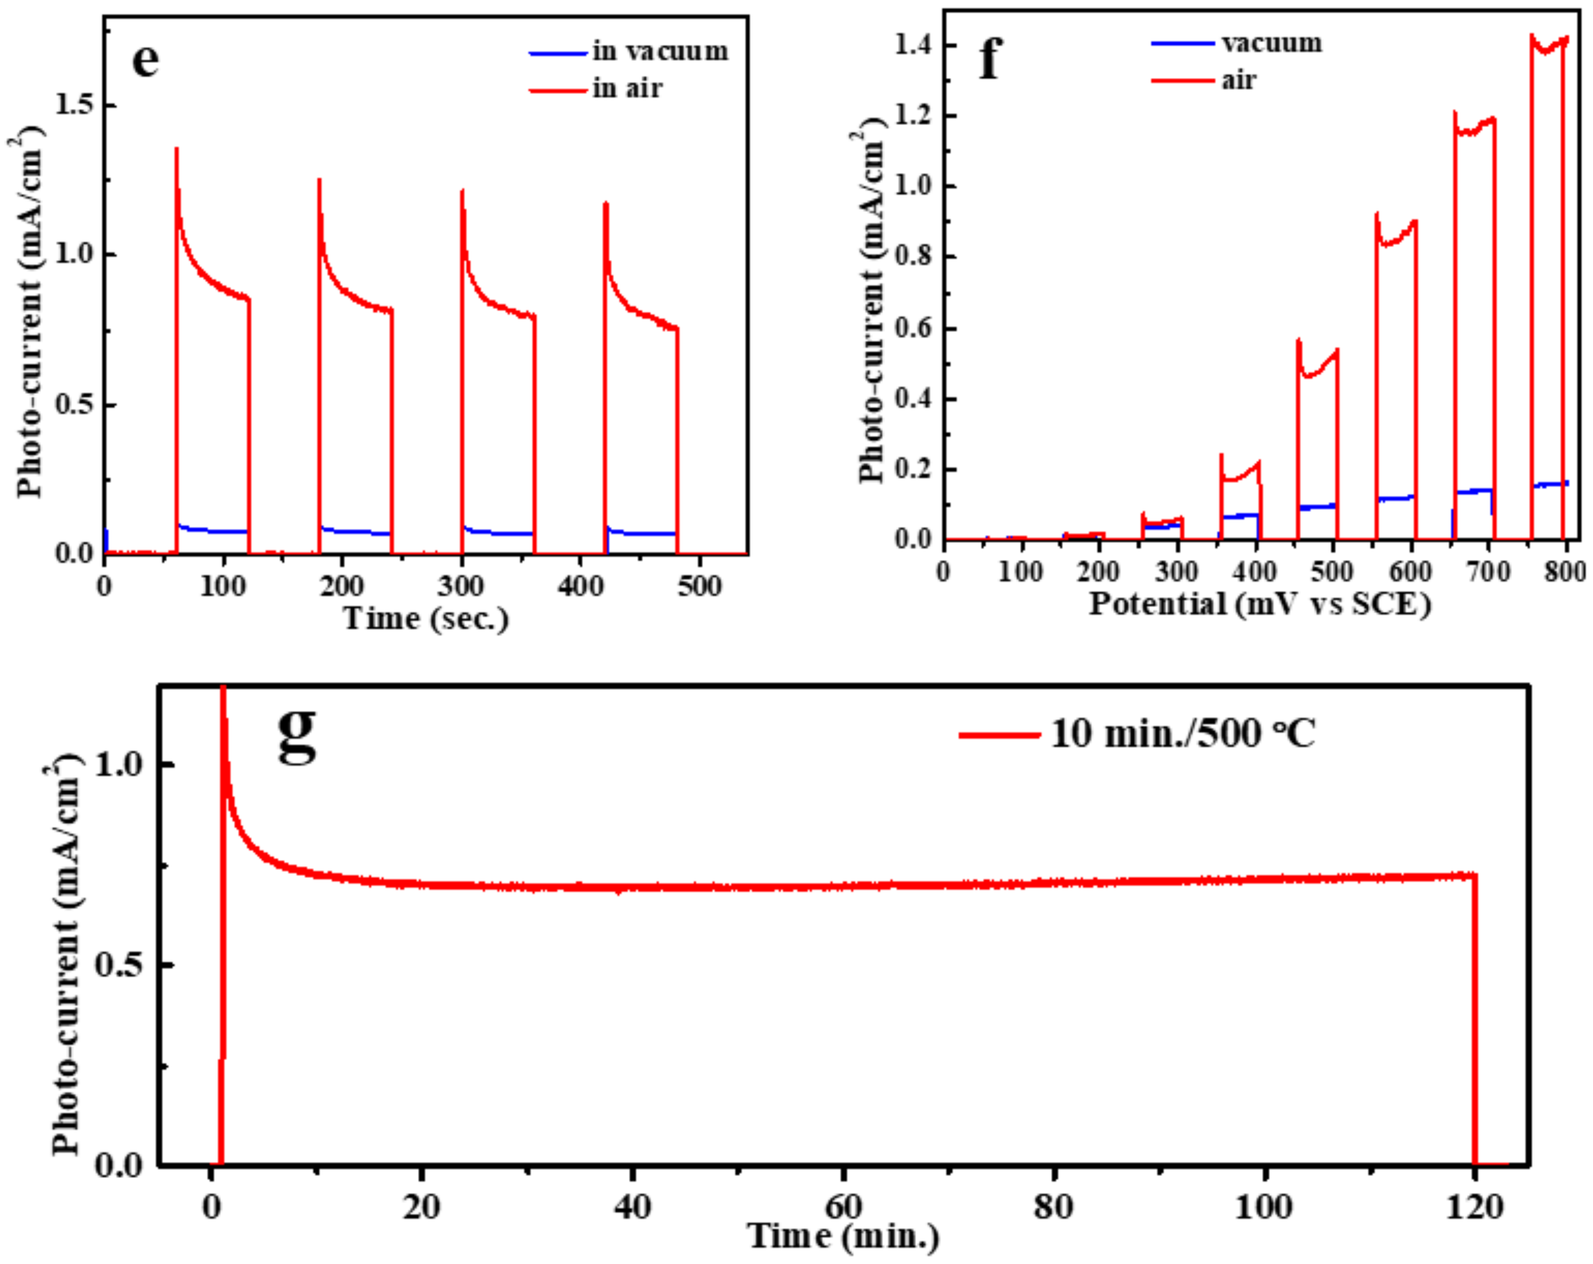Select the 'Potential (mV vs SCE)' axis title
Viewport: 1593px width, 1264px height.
[x=1260, y=604]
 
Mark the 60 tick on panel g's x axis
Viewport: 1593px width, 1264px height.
[x=843, y=1207]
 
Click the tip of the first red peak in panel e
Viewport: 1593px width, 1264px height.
[x=177, y=150]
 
